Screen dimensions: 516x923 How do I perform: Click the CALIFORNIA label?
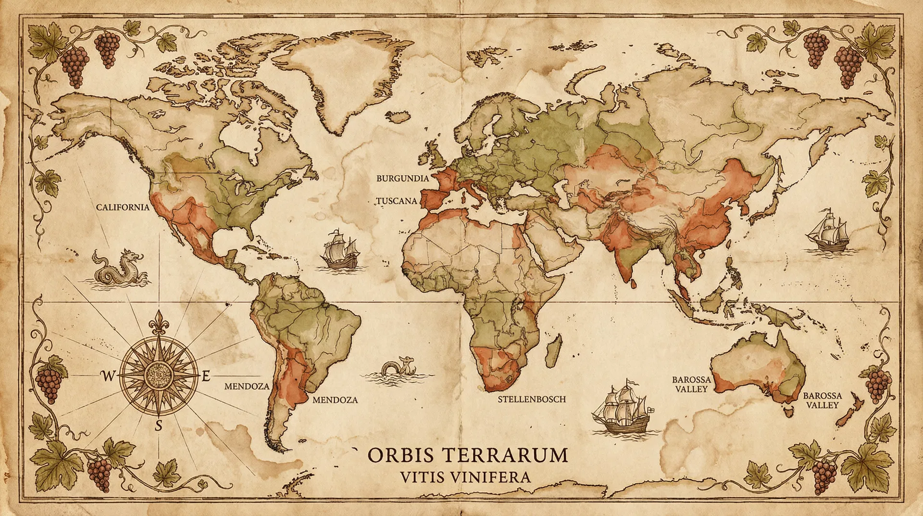(123, 207)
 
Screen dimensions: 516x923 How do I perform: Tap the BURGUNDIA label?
(402, 179)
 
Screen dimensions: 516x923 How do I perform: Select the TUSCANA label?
(397, 201)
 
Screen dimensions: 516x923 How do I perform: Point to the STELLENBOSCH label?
(532, 400)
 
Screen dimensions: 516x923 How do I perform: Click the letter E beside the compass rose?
(206, 376)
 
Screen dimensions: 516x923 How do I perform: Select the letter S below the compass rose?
(159, 426)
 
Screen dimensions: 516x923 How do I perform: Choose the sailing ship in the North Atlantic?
(340, 249)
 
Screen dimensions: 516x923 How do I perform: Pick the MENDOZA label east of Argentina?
(335, 400)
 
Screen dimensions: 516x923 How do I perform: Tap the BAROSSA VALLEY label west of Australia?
(691, 384)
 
